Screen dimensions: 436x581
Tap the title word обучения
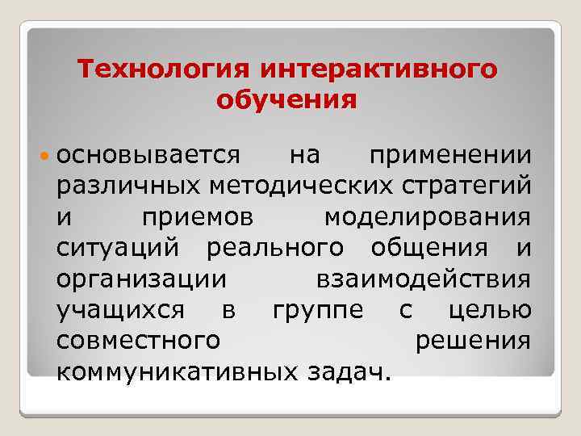point(286,102)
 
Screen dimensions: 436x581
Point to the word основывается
point(148,156)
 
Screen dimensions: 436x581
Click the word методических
point(293,187)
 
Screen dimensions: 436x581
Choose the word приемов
point(197,217)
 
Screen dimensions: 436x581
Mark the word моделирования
point(427,217)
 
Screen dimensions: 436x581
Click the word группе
point(317,311)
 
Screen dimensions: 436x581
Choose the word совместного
point(138,341)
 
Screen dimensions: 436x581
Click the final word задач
point(348,371)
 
